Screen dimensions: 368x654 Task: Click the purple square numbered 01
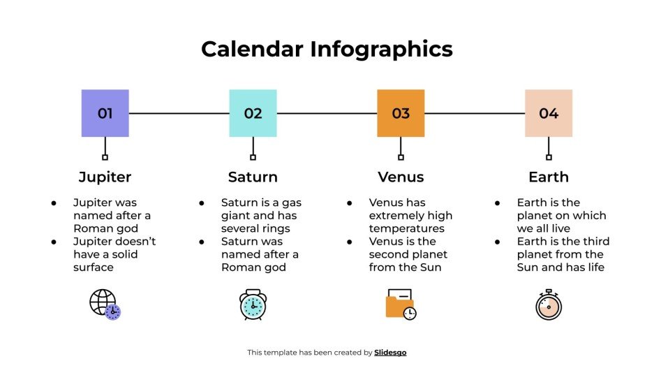click(105, 113)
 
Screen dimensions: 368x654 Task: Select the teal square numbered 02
click(253, 113)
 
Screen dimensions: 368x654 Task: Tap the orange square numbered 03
click(401, 113)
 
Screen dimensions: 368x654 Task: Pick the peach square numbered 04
click(549, 113)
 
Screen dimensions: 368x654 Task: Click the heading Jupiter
click(105, 177)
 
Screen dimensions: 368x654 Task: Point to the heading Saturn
click(253, 177)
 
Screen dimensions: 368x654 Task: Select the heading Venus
click(401, 177)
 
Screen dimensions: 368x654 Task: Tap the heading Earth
click(549, 177)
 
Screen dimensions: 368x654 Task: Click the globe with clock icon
click(105, 304)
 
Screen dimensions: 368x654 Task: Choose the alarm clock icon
click(253, 304)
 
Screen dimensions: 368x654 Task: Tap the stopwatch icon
click(549, 305)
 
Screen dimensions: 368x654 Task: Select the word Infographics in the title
click(382, 49)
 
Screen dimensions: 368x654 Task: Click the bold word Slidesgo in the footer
click(390, 353)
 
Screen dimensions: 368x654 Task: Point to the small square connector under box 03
click(401, 157)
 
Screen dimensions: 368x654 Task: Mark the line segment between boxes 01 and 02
click(179, 113)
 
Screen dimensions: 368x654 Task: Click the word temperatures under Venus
click(406, 228)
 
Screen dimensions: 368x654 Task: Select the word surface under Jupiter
click(94, 267)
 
